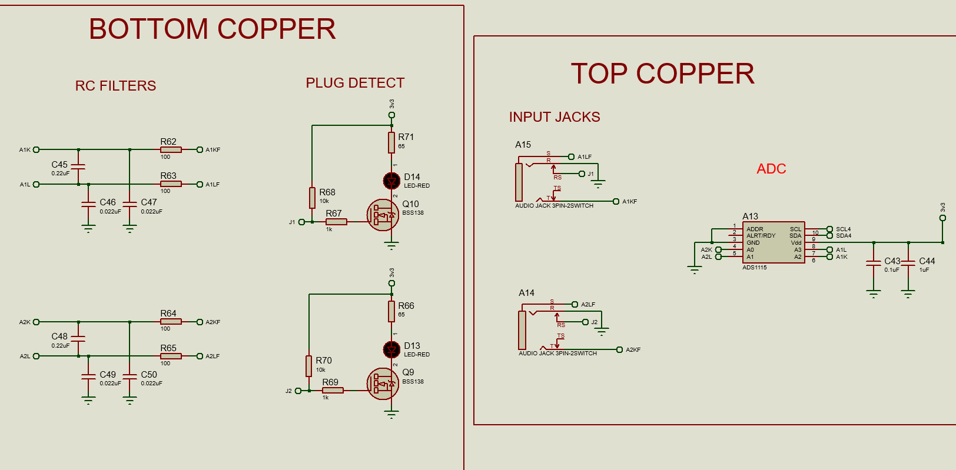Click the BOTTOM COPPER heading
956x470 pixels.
[212, 29]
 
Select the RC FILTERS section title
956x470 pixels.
[115, 86]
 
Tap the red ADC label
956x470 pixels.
[771, 169]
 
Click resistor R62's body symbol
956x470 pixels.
[171, 149]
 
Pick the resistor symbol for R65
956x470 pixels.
[171, 356]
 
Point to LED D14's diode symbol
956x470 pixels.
[391, 181]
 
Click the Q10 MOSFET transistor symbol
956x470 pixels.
[383, 215]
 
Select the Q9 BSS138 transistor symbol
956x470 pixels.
[383, 384]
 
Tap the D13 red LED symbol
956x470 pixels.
[391, 350]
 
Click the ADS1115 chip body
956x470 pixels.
[774, 242]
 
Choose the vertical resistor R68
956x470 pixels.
[312, 198]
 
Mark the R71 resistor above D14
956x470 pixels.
[391, 142]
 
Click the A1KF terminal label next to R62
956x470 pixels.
[213, 149]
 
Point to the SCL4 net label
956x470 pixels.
[844, 229]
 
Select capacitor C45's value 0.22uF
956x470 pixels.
[61, 174]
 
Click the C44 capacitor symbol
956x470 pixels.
[908, 263]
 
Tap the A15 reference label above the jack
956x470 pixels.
[523, 145]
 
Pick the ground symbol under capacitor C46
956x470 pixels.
[88, 229]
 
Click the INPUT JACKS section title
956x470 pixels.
[555, 117]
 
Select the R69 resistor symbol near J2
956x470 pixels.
[333, 390]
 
